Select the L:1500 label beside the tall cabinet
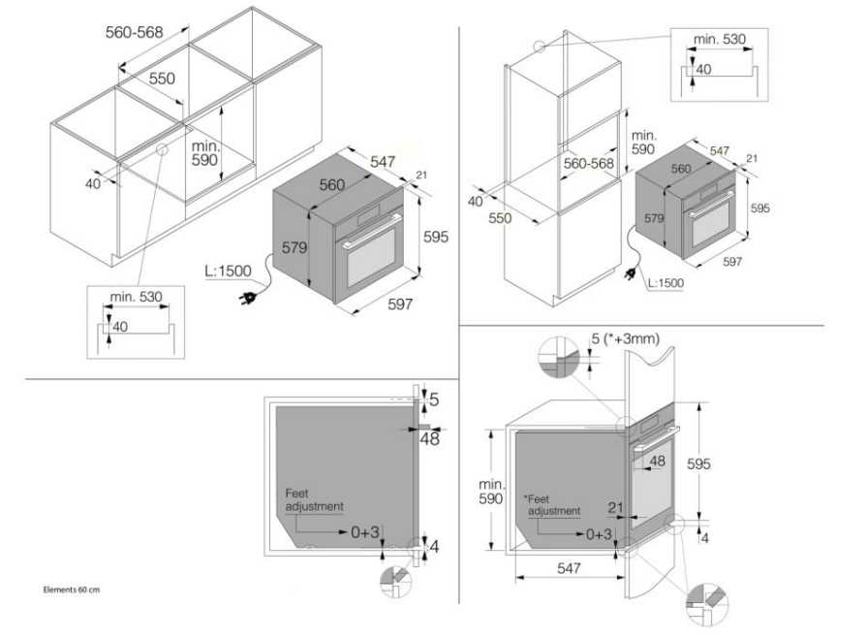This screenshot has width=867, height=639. pyautogui.click(x=666, y=282)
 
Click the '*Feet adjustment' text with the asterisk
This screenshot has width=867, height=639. pyautogui.click(x=551, y=505)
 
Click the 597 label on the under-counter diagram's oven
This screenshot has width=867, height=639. pyautogui.click(x=400, y=304)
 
